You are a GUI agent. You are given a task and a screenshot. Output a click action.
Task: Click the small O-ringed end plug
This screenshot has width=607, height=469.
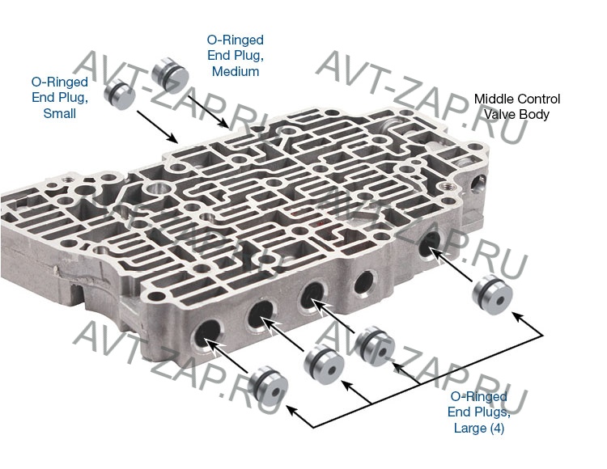(119, 95)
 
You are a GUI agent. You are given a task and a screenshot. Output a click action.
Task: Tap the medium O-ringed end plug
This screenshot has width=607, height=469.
(170, 74)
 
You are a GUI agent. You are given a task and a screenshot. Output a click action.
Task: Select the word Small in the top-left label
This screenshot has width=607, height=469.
(60, 113)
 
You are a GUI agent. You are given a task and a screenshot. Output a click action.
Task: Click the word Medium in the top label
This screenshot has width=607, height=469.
(236, 71)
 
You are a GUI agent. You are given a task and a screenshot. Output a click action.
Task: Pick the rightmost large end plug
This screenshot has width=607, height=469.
(492, 295)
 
